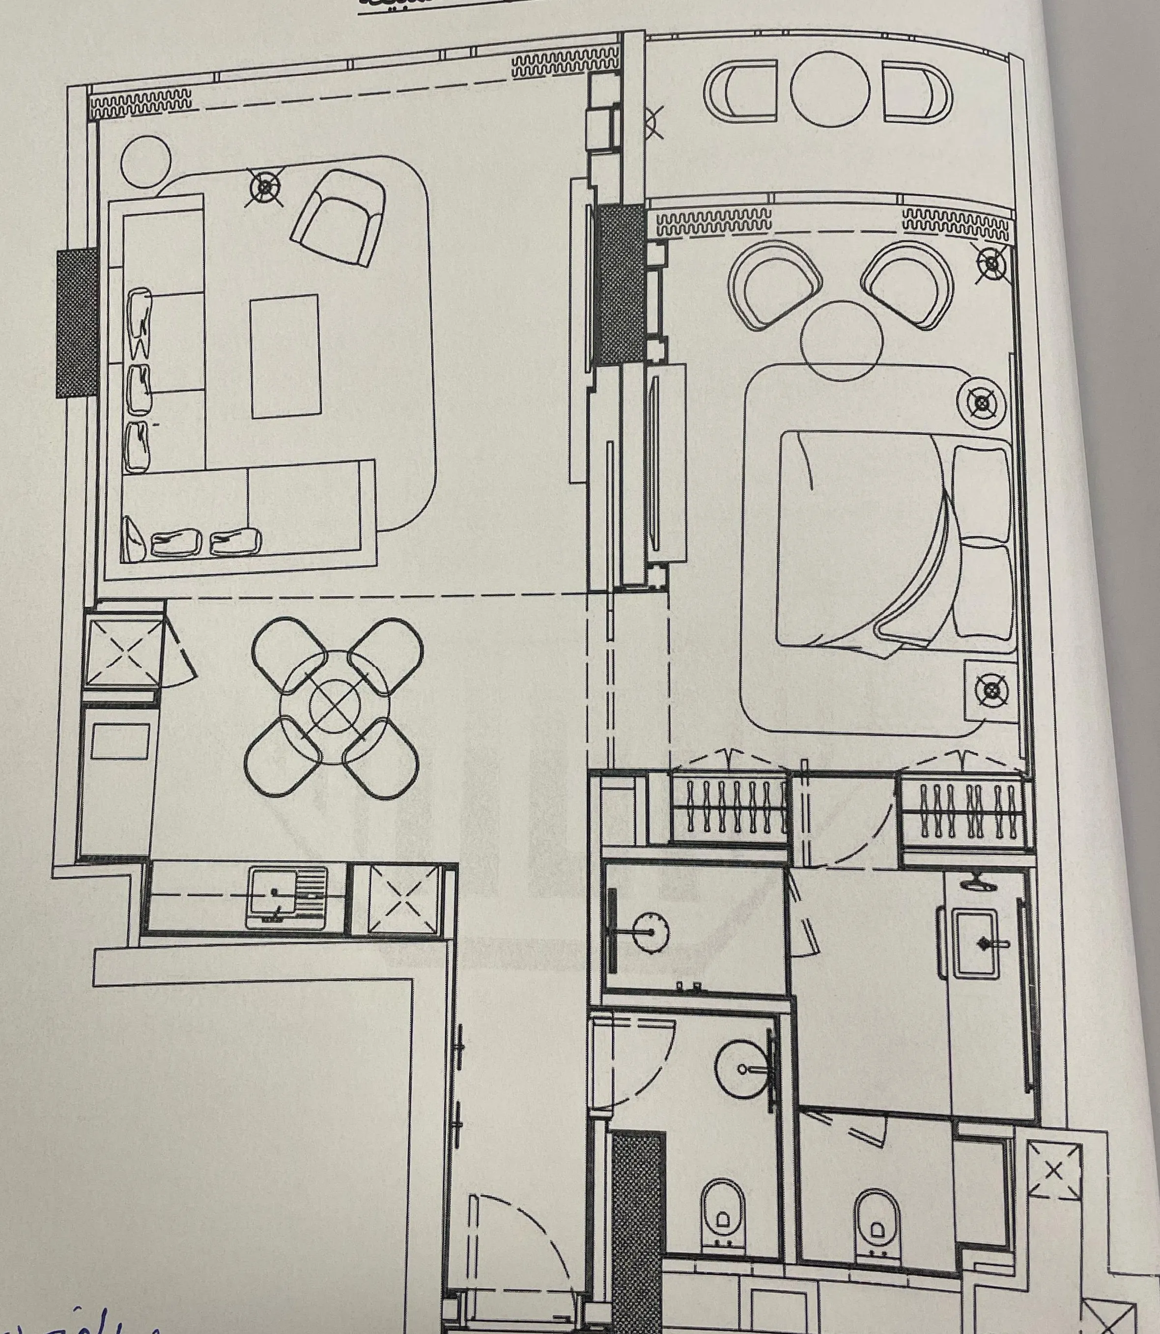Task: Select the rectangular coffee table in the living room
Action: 285,357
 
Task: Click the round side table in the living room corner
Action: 146,161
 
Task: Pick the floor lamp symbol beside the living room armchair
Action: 265,188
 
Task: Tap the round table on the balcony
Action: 829,89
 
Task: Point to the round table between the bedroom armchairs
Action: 841,340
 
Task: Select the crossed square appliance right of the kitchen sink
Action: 402,899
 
